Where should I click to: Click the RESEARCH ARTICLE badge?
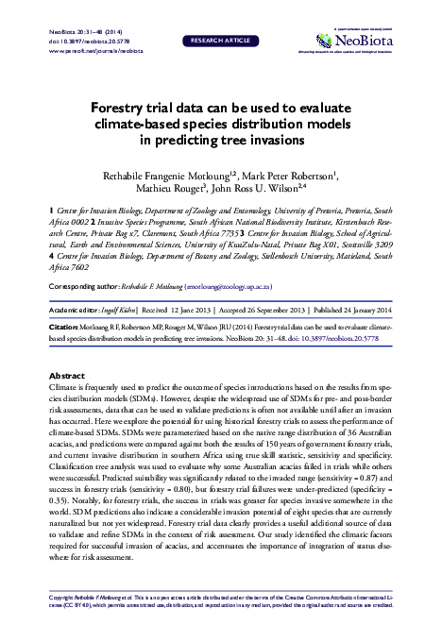[x=221, y=42]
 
